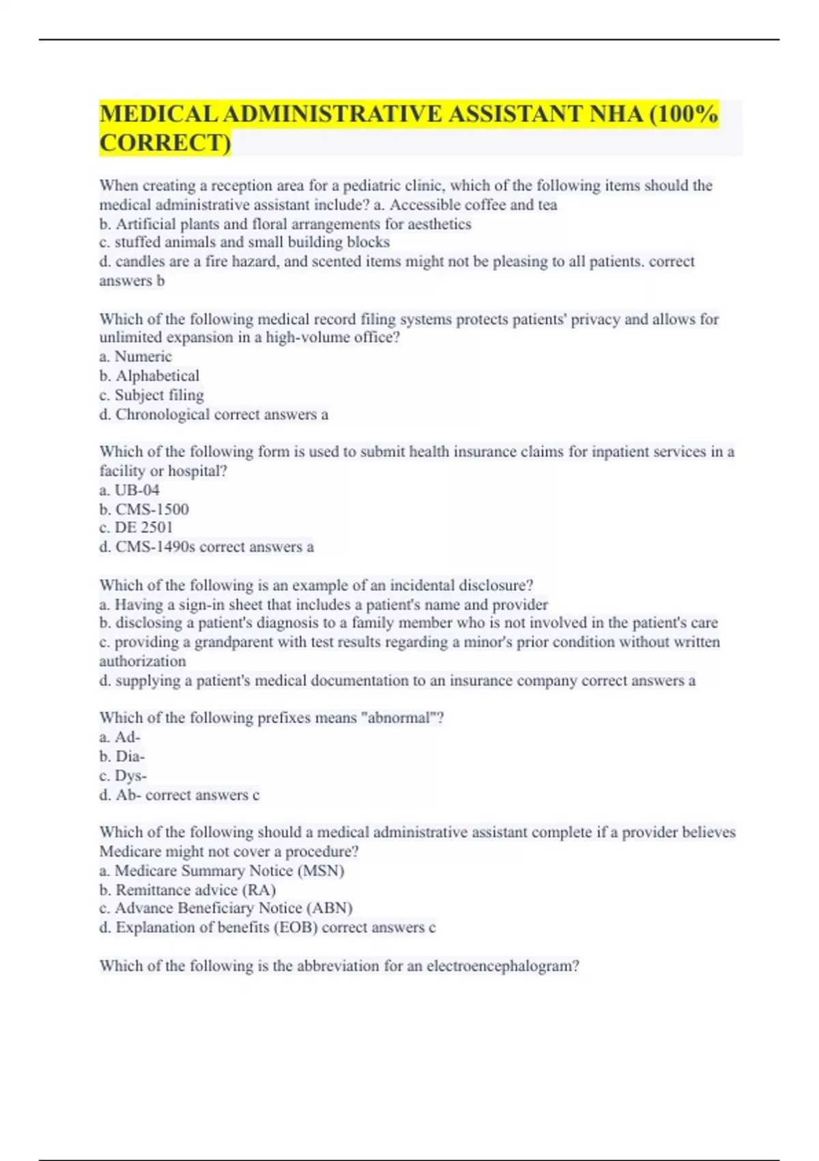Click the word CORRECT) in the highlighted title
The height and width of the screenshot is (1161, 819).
[x=165, y=143]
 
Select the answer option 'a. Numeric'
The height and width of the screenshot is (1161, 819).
[x=135, y=356]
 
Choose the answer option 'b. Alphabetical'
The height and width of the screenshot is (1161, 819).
[x=149, y=376]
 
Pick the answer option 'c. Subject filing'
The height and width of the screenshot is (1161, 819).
[x=152, y=395]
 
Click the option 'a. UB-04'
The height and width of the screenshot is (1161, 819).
[x=130, y=490]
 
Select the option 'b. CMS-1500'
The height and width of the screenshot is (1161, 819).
[x=144, y=509]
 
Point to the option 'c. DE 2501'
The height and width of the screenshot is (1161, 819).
[x=136, y=527]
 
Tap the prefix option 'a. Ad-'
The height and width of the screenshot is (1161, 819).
[x=120, y=737]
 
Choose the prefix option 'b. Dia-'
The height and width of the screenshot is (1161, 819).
[x=122, y=756]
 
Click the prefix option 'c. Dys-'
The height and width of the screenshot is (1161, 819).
[x=123, y=775]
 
